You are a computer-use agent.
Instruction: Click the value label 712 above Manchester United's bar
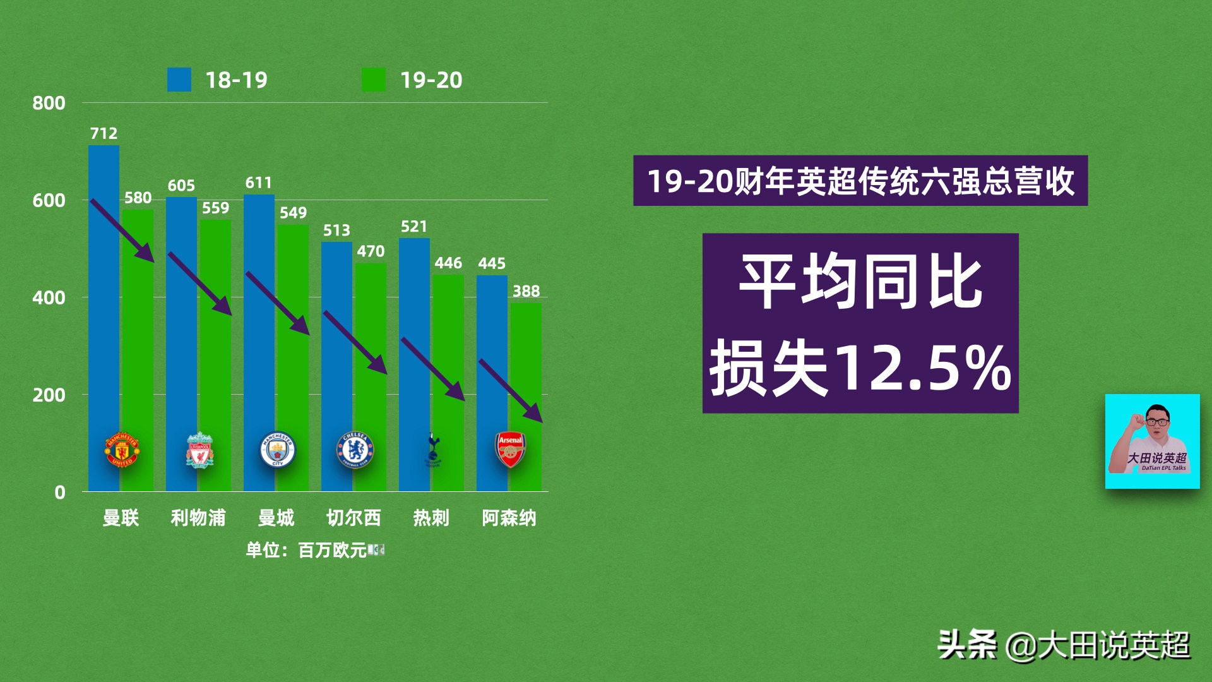(x=104, y=133)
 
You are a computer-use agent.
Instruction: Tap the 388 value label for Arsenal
(x=526, y=291)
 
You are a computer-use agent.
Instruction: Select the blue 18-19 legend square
(x=179, y=80)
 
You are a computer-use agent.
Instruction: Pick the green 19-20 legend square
(x=374, y=80)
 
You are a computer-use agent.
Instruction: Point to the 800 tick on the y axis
(x=49, y=103)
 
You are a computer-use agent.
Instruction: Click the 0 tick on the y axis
(x=60, y=493)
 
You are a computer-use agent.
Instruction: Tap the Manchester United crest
(x=122, y=450)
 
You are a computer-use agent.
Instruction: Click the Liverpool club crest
(x=199, y=450)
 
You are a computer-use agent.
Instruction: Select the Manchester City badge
(x=277, y=450)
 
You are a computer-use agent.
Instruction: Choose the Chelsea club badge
(x=355, y=450)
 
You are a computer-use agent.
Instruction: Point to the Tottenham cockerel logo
(x=433, y=450)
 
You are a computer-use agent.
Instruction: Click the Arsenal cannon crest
(x=510, y=450)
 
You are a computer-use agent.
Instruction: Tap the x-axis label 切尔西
(x=353, y=518)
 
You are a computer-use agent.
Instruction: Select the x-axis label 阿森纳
(x=509, y=518)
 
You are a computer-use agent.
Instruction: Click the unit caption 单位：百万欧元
(x=307, y=551)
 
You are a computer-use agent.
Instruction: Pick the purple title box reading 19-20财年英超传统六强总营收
(x=860, y=181)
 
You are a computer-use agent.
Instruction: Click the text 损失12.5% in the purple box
(x=860, y=368)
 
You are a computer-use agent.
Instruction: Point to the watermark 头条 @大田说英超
(x=1064, y=645)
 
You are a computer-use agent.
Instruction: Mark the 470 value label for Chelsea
(x=371, y=251)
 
